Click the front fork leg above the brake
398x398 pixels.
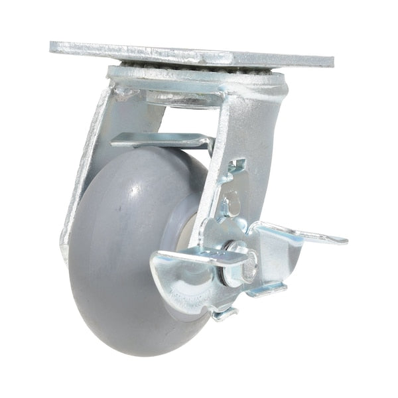249,133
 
